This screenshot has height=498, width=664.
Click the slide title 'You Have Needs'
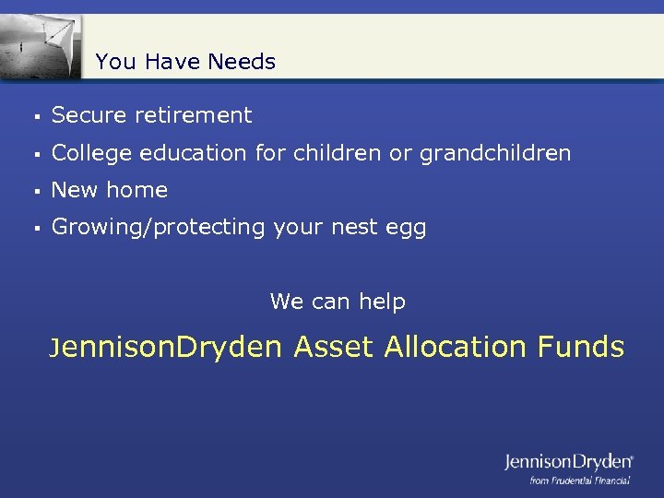185,62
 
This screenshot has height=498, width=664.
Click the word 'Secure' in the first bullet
89,115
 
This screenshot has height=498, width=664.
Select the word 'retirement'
193,115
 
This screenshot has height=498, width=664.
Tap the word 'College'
90,153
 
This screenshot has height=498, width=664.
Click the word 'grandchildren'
495,153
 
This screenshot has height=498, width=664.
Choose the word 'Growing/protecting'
159,228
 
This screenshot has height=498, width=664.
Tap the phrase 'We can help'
338,302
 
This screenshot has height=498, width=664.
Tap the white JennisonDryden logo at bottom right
568,461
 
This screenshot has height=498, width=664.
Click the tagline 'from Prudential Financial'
579,480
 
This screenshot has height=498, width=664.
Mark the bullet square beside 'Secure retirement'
33,117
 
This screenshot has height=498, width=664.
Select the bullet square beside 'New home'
33,192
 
